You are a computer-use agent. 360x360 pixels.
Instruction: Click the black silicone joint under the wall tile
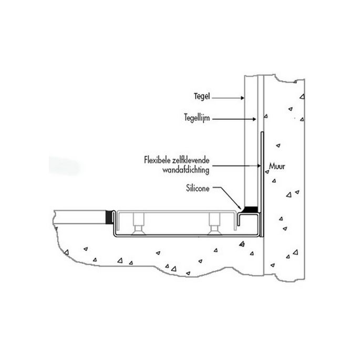pyautogui.click(x=250, y=210)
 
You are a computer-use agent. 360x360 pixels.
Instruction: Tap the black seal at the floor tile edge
pyautogui.click(x=110, y=215)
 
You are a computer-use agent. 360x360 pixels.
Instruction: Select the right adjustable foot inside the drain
pyautogui.click(x=214, y=223)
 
